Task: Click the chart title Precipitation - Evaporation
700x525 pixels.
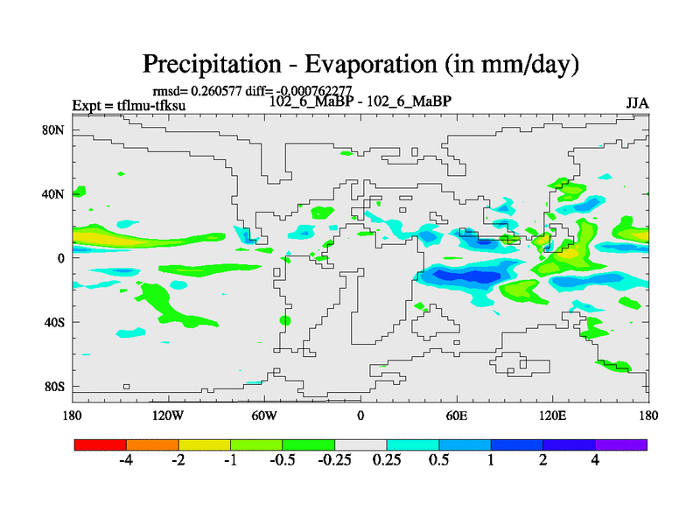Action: point(360,64)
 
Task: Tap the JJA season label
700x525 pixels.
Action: point(637,102)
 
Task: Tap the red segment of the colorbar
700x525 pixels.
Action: point(101,444)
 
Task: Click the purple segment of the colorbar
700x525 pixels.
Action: point(621,444)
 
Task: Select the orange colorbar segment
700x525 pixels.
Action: point(152,444)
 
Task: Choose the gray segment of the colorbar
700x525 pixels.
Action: point(360,444)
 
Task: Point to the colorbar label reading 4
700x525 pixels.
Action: point(595,461)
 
